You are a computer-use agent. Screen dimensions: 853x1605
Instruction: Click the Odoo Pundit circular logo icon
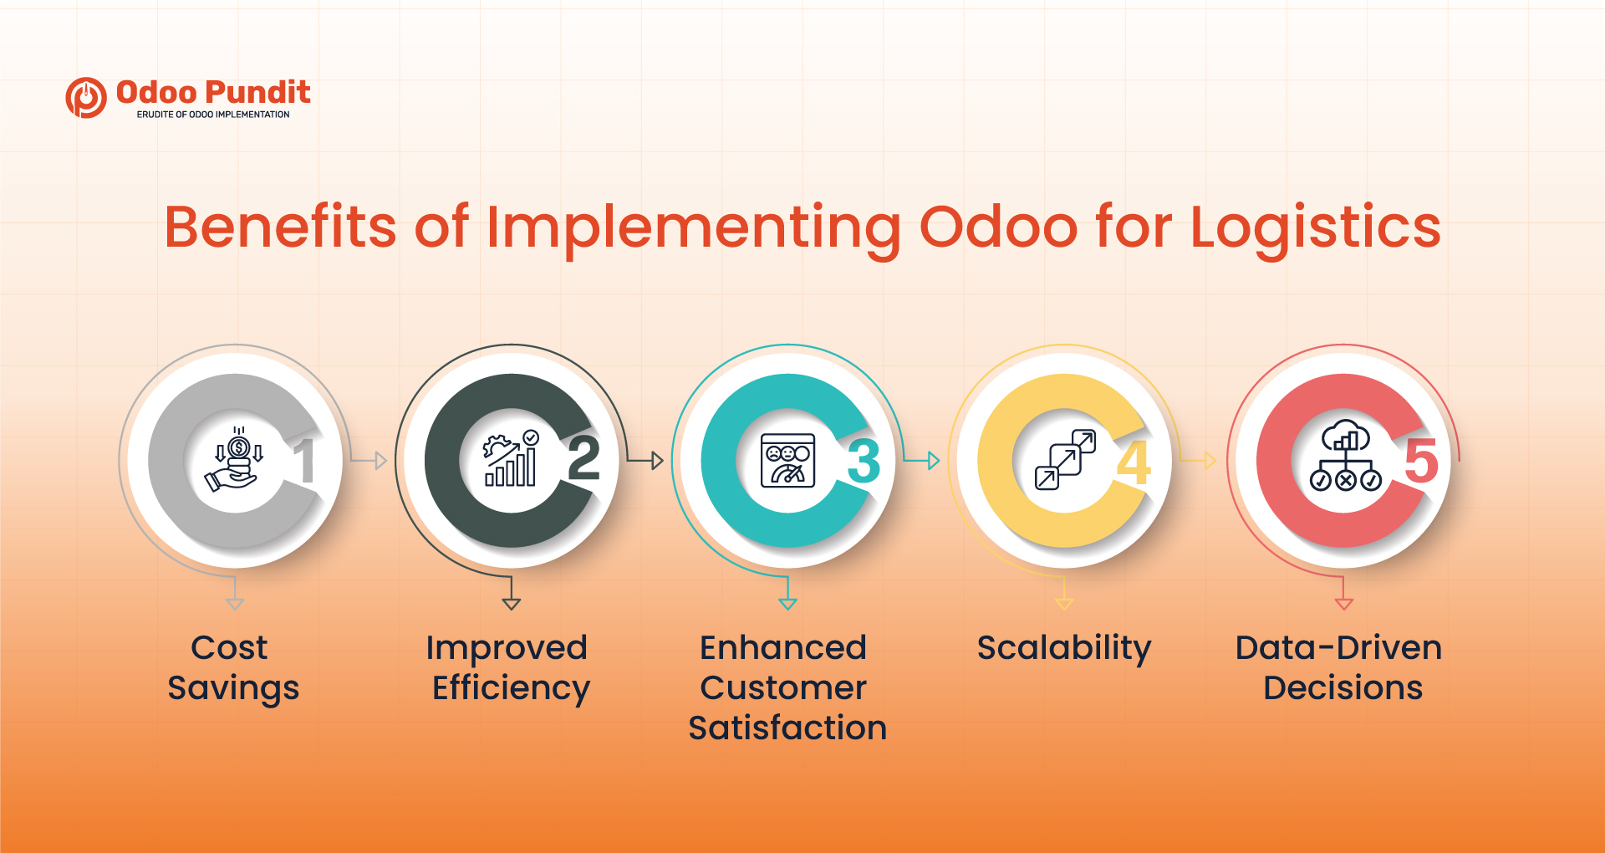[86, 98]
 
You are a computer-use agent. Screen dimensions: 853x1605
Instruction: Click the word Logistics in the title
[1315, 227]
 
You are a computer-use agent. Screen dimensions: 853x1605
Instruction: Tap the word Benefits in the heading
[280, 227]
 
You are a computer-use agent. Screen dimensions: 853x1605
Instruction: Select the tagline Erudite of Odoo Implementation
[213, 115]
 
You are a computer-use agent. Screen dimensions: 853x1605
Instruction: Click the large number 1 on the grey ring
[306, 461]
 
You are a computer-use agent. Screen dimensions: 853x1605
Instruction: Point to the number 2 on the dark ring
[583, 459]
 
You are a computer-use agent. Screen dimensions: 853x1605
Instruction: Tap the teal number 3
[864, 462]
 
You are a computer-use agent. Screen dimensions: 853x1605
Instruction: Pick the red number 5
[1420, 461]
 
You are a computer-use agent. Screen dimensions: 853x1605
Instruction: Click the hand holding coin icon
[235, 460]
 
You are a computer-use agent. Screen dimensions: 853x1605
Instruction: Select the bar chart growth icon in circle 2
[511, 459]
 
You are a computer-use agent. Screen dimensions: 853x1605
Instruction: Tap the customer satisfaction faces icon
[787, 461]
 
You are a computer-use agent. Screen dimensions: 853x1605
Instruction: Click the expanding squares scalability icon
[1064, 460]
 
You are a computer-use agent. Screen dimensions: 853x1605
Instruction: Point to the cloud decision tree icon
[1344, 459]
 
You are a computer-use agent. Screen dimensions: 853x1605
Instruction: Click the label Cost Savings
[232, 667]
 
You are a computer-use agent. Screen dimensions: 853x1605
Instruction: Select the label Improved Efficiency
[509, 667]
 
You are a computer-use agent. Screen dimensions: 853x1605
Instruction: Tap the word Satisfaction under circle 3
[787, 728]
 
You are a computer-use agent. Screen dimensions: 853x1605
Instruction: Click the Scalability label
[1063, 648]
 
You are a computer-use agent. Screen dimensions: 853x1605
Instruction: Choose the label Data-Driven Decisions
[1341, 667]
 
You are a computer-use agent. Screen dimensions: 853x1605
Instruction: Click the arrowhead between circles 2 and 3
[657, 460]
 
